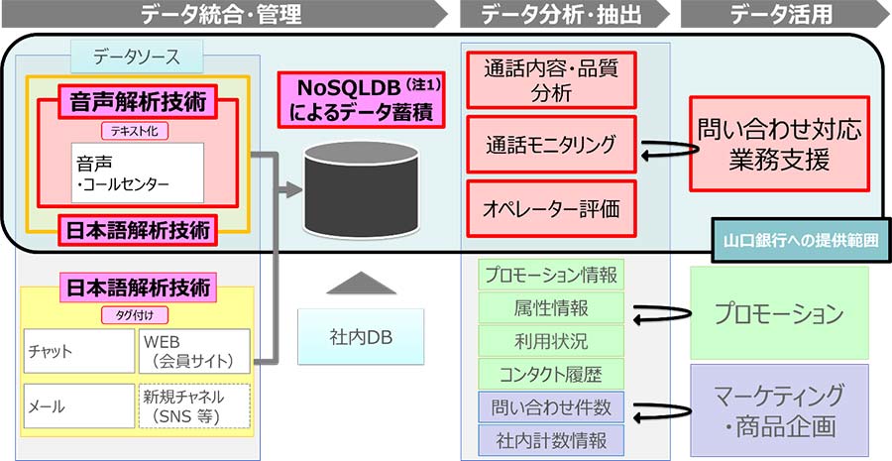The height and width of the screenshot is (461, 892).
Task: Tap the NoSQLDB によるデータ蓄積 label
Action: (361, 100)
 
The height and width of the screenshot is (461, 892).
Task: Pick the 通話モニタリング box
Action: (551, 145)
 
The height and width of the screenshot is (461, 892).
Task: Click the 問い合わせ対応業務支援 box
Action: (778, 144)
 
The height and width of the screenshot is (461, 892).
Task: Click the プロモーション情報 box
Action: (552, 275)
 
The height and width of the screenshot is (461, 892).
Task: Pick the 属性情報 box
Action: (552, 308)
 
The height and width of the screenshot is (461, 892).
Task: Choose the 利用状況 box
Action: (552, 341)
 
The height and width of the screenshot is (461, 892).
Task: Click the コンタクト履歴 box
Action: (552, 374)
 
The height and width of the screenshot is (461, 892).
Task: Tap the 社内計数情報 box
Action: (552, 438)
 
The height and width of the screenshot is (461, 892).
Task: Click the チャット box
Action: (77, 351)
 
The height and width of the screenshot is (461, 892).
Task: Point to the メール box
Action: (77, 406)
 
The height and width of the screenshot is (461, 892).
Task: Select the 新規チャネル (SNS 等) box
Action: (193, 406)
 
